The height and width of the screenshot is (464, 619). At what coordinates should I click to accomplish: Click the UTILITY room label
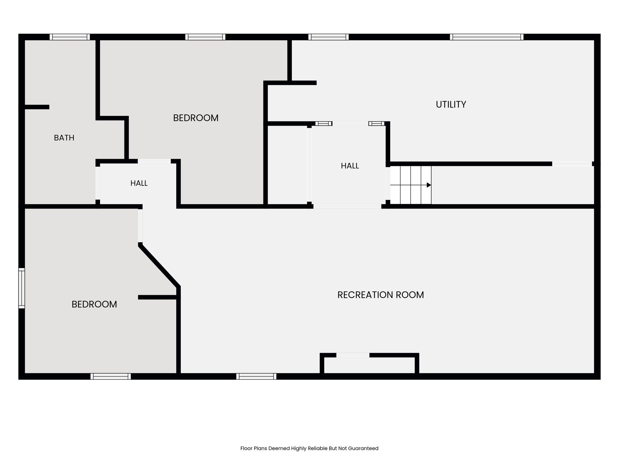[451, 105]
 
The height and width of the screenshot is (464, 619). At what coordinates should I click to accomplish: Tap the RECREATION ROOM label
[381, 295]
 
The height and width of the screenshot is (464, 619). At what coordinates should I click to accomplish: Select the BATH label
[64, 138]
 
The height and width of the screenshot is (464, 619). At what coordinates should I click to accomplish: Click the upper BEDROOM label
[196, 118]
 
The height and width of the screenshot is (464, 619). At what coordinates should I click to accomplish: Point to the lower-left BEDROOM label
[94, 304]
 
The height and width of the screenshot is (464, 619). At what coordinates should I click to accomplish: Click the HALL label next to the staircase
[350, 166]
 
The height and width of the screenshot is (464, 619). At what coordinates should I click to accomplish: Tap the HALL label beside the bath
[139, 183]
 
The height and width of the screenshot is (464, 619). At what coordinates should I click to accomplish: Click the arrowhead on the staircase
[429, 185]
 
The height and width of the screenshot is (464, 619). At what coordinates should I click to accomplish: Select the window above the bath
[70, 37]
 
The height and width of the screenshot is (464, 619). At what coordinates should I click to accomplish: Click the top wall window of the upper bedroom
[205, 37]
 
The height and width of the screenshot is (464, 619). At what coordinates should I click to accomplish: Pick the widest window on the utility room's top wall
[487, 37]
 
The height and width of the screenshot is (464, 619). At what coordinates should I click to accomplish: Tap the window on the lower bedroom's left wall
[21, 288]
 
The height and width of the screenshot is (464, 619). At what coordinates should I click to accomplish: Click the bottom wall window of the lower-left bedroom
[111, 376]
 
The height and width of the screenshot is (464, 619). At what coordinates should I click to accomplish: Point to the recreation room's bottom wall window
[256, 376]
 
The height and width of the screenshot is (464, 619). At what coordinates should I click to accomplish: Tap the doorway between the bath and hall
[98, 183]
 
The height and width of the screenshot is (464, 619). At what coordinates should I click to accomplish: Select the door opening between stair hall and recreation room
[347, 207]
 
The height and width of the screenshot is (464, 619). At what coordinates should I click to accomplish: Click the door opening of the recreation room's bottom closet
[353, 355]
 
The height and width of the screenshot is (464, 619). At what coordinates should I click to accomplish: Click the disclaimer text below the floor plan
[309, 448]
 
